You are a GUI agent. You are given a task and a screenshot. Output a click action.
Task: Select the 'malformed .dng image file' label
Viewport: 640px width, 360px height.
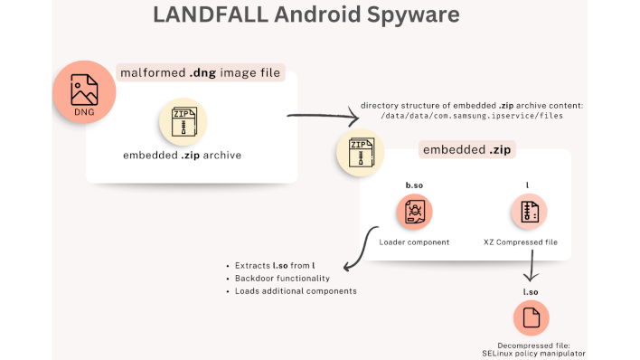click(x=200, y=72)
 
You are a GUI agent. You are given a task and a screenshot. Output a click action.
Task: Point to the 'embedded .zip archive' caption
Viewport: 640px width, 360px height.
click(x=183, y=156)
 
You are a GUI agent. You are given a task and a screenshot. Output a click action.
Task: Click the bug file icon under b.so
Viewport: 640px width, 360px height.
click(x=415, y=213)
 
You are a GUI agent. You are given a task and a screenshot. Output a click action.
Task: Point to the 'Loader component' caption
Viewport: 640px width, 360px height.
click(x=415, y=242)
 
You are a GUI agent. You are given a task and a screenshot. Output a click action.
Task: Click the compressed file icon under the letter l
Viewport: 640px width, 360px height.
click(x=528, y=213)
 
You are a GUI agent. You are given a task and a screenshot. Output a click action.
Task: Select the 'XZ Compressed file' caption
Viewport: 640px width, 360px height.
click(x=528, y=242)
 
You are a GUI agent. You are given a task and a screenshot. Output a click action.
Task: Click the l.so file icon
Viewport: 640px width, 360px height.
click(x=531, y=317)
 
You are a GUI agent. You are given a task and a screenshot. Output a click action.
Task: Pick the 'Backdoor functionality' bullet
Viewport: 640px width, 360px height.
click(x=282, y=278)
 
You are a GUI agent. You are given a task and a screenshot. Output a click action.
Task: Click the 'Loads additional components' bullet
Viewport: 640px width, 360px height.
click(x=295, y=290)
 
